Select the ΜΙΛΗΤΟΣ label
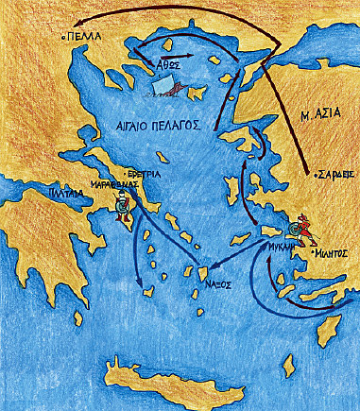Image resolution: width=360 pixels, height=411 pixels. click(x=330, y=253)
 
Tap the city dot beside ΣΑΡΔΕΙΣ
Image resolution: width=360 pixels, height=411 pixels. click(x=311, y=176)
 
